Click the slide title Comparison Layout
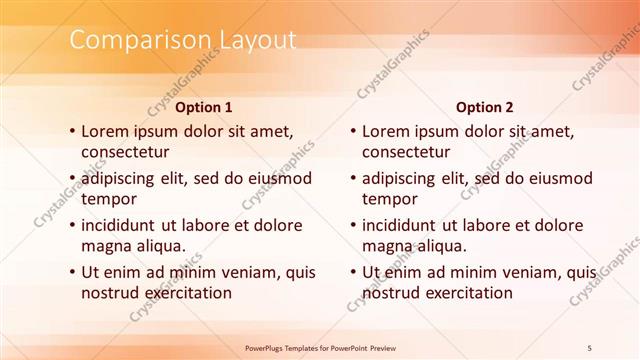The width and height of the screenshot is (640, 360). pos(182,41)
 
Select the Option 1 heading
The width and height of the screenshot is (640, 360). pos(204,106)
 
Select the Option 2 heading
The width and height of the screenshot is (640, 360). pos(484,106)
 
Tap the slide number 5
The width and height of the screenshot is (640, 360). pos(590,346)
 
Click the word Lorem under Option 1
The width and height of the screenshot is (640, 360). pos(105,131)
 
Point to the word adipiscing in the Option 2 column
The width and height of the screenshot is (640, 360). pos(404,178)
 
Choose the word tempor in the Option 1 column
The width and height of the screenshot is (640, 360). pos(108,200)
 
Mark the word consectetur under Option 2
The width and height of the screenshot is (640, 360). pos(405,153)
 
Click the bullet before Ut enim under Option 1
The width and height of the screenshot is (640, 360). pos(72,272)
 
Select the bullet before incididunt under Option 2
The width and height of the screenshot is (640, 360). pos(352,225)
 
